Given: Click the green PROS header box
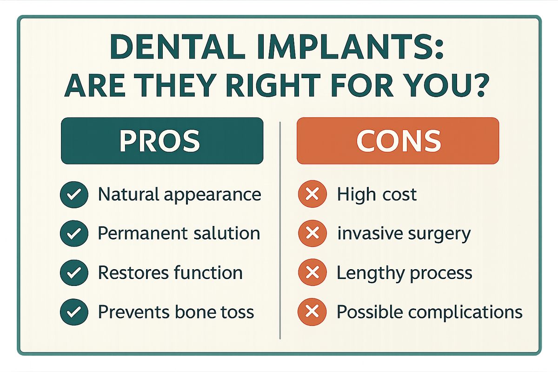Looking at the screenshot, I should [x=162, y=141].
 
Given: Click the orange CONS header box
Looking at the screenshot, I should [x=398, y=141].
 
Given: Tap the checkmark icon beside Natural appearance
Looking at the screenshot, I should [x=74, y=194].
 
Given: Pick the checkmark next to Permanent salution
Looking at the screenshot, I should [x=74, y=233].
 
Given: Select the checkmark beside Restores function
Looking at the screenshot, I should [x=74, y=273].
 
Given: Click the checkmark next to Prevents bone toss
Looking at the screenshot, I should [x=74, y=312].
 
